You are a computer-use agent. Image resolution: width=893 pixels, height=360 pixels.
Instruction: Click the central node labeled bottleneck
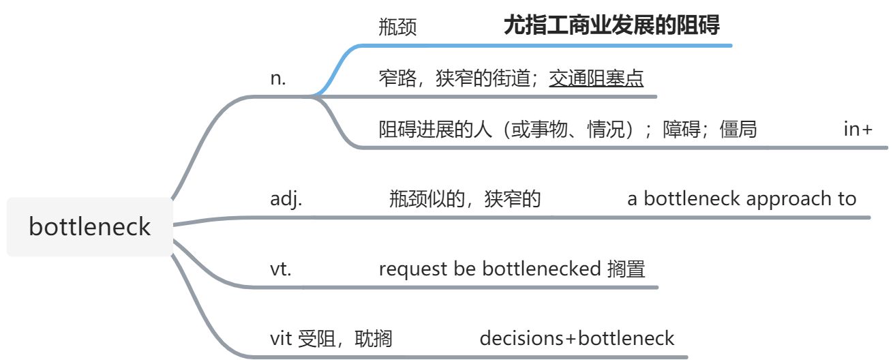coord(89,226)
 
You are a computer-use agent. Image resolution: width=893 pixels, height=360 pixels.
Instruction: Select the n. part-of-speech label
coord(278,78)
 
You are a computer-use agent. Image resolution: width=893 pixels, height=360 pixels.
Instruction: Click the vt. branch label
coord(281,269)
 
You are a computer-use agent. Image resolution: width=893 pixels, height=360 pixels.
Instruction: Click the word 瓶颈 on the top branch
coord(397,27)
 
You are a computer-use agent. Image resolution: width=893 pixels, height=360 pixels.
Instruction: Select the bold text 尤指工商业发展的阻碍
coord(611,26)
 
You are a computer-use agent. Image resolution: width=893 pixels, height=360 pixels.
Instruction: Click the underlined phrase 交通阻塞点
coord(596,79)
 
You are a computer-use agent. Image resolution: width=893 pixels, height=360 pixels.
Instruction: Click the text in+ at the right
coord(858,130)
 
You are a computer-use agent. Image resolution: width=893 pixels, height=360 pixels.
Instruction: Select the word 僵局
coord(738,130)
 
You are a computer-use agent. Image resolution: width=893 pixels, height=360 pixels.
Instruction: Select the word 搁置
coord(626,269)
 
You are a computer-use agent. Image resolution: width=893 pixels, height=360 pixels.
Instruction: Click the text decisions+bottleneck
coord(577,338)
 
